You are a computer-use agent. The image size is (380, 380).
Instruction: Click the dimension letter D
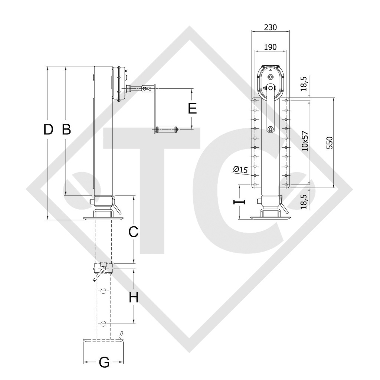(x=48, y=130)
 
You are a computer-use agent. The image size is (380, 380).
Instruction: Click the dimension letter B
(x=66, y=130)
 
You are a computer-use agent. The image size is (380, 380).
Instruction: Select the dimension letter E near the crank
(x=192, y=109)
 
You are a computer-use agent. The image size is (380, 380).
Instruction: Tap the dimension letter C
(x=133, y=232)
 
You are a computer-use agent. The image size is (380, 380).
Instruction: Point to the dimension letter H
(x=134, y=297)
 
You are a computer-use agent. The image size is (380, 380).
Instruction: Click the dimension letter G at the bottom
(x=105, y=363)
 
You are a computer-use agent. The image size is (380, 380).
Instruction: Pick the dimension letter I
(x=239, y=202)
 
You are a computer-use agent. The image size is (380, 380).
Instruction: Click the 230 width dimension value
(x=270, y=27)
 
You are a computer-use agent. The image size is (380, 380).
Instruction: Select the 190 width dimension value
(x=270, y=47)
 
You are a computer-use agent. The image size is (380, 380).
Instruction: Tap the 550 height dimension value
(x=330, y=142)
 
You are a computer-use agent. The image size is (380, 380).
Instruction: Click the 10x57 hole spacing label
(x=305, y=141)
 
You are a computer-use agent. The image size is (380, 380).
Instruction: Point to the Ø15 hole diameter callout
(x=240, y=170)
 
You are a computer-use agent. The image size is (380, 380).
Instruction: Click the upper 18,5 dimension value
(x=304, y=83)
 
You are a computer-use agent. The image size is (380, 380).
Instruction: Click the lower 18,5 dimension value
(x=304, y=202)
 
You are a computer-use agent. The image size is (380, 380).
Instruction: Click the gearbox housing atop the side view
(x=119, y=83)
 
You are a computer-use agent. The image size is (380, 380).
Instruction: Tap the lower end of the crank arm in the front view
(x=271, y=129)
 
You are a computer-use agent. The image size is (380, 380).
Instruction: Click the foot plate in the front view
(x=270, y=218)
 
